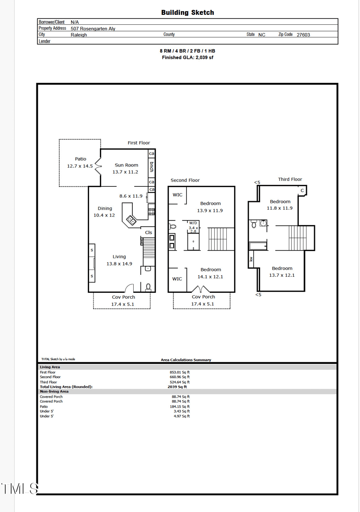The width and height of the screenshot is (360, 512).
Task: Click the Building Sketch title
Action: [x=188, y=13]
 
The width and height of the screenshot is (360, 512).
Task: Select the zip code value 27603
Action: [x=303, y=35]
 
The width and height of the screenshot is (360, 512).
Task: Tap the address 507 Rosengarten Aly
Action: [x=93, y=29]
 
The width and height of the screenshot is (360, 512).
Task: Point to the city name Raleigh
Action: [x=79, y=35]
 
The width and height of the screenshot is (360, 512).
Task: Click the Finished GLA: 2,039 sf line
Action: [x=188, y=58]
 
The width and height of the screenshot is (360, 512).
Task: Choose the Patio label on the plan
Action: [x=81, y=159]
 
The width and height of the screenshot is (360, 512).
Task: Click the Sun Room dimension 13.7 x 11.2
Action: [x=125, y=172]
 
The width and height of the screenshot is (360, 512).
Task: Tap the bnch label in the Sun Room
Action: [x=152, y=167]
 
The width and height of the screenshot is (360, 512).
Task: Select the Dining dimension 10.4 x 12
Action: [x=104, y=215]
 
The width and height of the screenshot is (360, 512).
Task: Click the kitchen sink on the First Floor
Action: [x=131, y=220]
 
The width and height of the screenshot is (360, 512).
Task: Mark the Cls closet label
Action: [x=148, y=233]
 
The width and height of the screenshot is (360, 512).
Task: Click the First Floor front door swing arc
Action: [x=129, y=288]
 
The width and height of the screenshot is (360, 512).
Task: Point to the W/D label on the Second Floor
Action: [x=193, y=223]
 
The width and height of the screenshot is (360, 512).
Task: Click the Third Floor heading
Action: [x=290, y=179]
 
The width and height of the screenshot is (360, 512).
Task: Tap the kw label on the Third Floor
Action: [x=251, y=259]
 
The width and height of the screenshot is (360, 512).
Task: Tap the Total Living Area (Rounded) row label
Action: [x=66, y=386]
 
